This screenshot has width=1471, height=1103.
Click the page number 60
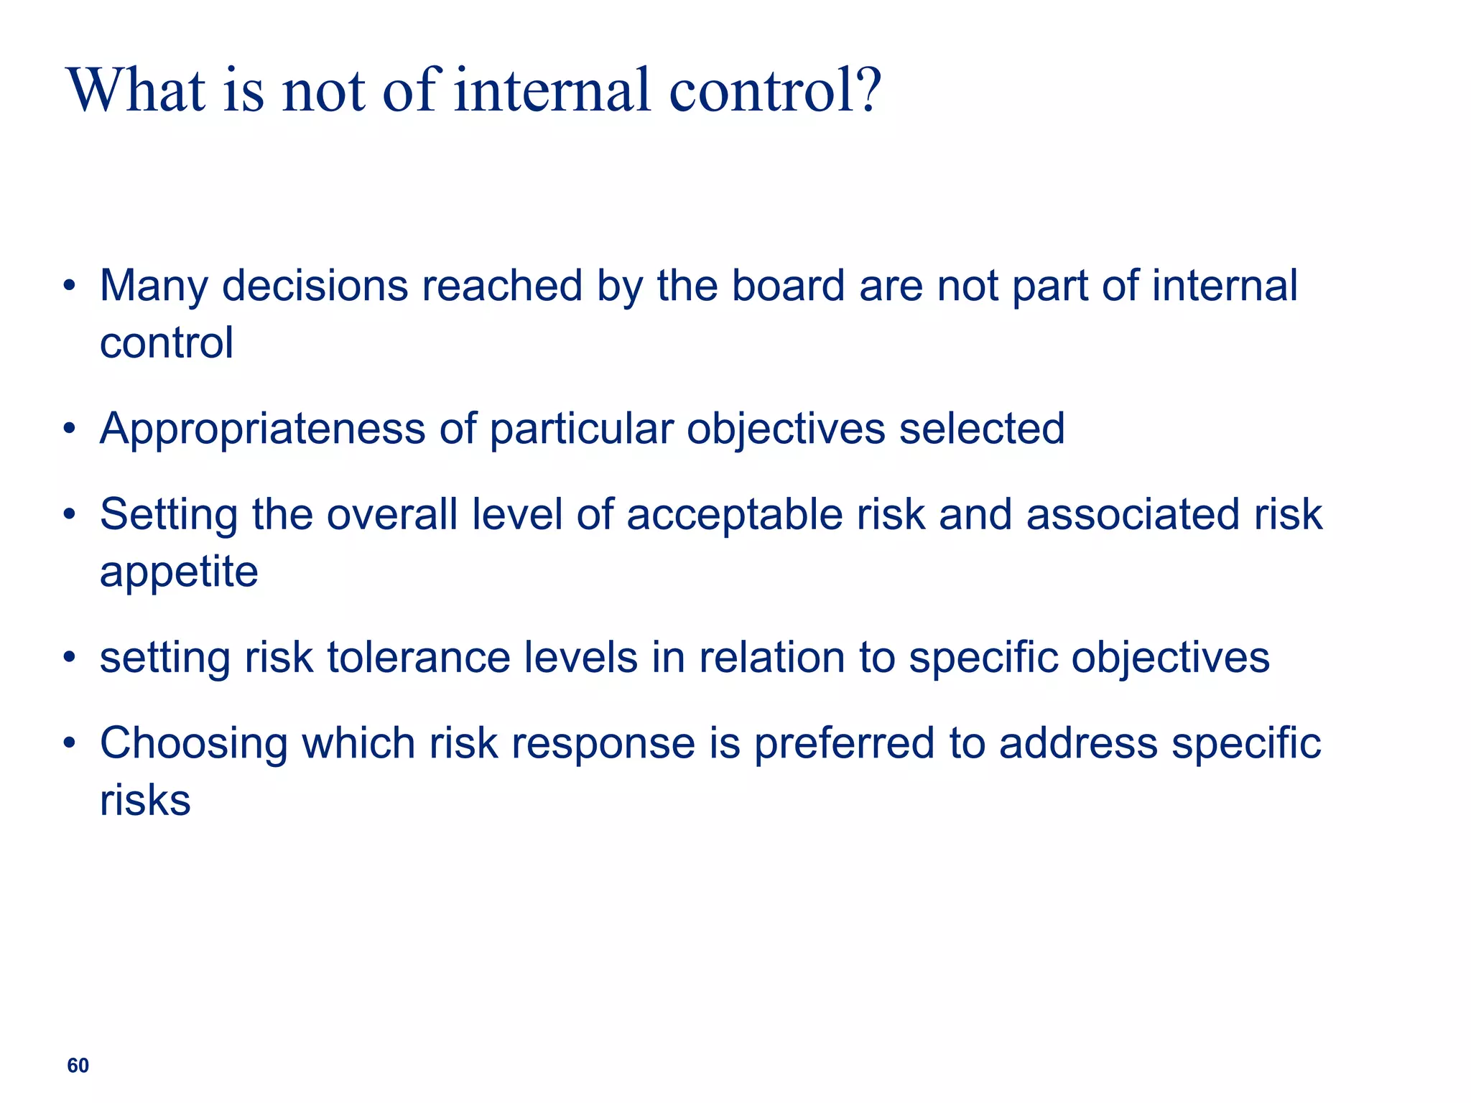pyautogui.click(x=78, y=1066)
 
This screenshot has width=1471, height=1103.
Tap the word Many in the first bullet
pyautogui.click(x=153, y=287)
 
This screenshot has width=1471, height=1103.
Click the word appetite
pyautogui.click(x=179, y=573)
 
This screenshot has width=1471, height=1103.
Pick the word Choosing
pyautogui.click(x=193, y=744)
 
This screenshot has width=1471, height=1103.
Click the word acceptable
pyautogui.click(x=734, y=515)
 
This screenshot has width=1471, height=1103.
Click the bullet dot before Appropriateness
pyautogui.click(x=69, y=429)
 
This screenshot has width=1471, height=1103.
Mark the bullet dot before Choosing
pyautogui.click(x=69, y=743)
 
